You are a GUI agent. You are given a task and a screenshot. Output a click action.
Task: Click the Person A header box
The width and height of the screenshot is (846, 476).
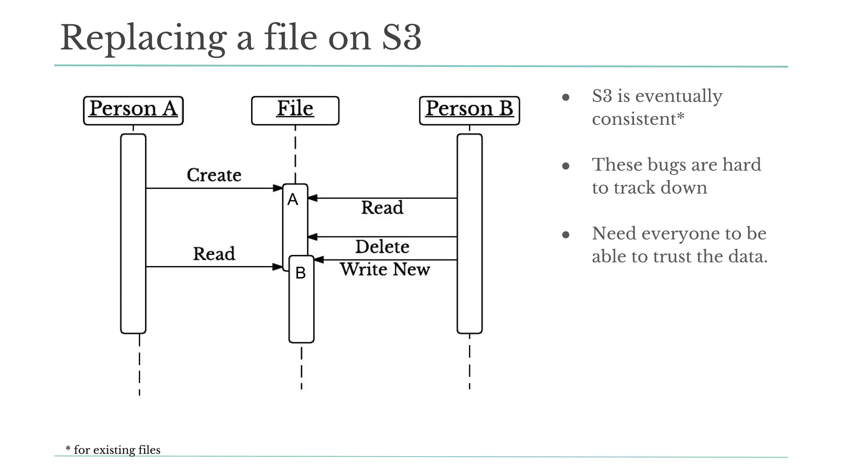(133, 110)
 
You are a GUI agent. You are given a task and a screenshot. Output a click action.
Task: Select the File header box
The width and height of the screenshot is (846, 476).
(295, 110)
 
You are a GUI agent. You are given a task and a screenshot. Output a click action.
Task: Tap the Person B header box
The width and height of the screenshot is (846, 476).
(469, 110)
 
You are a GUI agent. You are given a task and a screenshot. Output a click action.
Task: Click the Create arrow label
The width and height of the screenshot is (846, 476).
(214, 175)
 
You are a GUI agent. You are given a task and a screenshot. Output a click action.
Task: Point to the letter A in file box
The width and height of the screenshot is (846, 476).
(293, 200)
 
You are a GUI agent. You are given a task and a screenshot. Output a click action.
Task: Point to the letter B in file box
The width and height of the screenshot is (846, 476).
(301, 273)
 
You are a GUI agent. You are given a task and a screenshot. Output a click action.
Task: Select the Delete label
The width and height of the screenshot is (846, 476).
(382, 247)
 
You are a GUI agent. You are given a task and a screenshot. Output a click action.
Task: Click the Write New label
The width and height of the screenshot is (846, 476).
(385, 269)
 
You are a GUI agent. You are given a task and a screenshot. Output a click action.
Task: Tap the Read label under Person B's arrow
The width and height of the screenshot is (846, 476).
(382, 207)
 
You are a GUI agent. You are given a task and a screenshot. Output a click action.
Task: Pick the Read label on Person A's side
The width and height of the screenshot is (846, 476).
(214, 254)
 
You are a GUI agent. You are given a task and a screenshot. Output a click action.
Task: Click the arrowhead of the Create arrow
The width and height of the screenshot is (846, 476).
(278, 188)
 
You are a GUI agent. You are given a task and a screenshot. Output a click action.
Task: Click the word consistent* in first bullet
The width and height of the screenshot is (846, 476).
(638, 119)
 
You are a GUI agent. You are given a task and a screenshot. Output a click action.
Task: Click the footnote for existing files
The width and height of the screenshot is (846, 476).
(113, 450)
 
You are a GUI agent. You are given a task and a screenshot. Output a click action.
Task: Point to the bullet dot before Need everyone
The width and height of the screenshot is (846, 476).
(566, 235)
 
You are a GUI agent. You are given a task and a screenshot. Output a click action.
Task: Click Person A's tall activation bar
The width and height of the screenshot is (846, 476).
(133, 233)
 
